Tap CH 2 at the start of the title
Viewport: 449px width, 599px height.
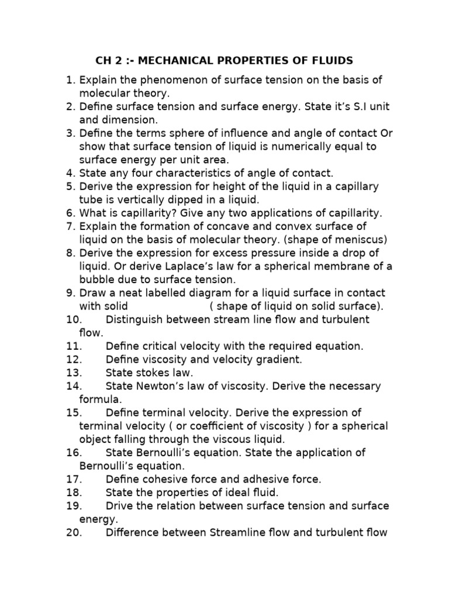[x=108, y=61]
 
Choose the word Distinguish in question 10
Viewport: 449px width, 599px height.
[x=134, y=319]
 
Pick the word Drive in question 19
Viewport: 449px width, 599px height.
[x=120, y=506]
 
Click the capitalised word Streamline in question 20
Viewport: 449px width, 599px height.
[x=241, y=532]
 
